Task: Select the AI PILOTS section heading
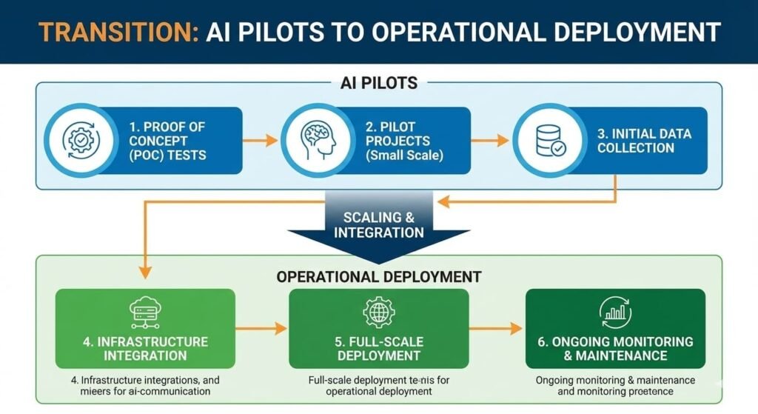(x=378, y=83)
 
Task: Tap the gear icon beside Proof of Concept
(x=77, y=139)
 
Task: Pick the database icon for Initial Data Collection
(x=549, y=139)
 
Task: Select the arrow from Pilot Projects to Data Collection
(x=492, y=139)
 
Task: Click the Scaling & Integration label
(x=378, y=225)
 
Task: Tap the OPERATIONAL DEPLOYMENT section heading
(x=378, y=277)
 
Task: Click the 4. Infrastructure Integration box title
(x=145, y=348)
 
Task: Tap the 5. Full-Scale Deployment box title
(x=378, y=348)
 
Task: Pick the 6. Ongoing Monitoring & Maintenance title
(x=614, y=348)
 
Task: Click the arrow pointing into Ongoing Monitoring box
(x=496, y=328)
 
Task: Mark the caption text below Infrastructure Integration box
(x=145, y=385)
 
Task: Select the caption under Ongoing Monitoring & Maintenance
(x=614, y=385)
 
